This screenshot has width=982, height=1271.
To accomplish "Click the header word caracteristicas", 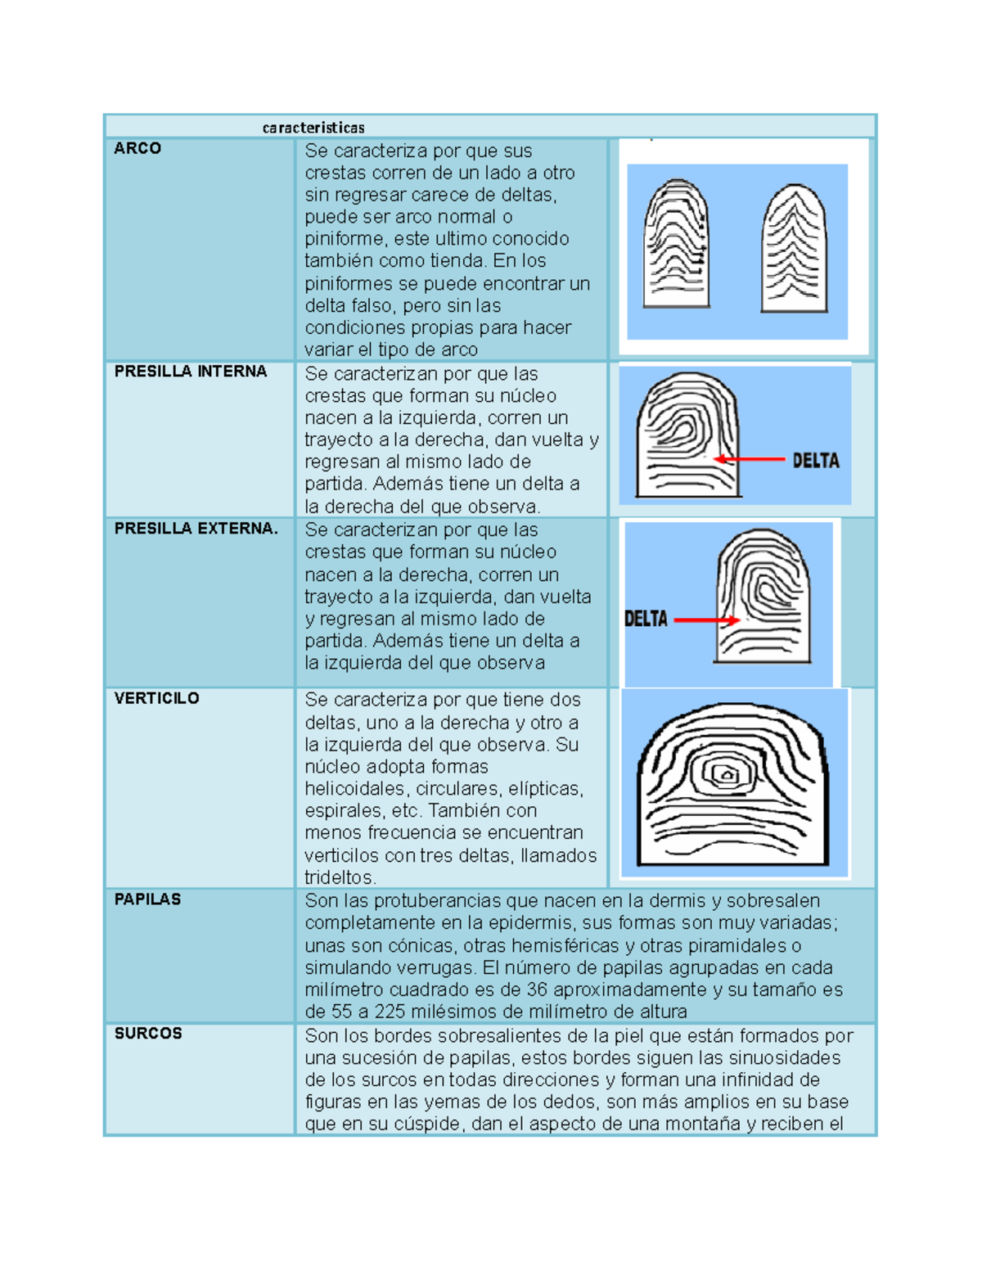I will tap(313, 128).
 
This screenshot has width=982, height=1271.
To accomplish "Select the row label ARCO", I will tap(137, 148).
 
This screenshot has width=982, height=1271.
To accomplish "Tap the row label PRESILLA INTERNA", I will tap(191, 371).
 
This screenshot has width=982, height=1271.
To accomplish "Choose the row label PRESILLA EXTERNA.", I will tap(196, 529).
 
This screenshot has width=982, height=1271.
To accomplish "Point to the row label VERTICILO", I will tap(156, 698).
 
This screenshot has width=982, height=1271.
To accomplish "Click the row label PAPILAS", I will tap(147, 899).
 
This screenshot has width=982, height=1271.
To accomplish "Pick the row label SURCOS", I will tap(148, 1033).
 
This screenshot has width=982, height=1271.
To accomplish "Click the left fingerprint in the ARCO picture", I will tap(676, 244).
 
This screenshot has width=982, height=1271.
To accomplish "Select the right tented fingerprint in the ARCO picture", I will tap(794, 249).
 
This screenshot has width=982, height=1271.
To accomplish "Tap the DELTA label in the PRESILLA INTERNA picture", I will tap(815, 461).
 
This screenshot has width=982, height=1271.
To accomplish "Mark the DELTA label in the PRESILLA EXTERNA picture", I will tap(646, 619).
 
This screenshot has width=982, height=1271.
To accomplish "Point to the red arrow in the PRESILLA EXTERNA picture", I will tap(706, 620).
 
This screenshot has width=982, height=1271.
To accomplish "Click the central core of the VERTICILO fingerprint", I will tap(725, 773).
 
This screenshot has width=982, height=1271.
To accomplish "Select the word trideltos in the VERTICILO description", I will tap(339, 877).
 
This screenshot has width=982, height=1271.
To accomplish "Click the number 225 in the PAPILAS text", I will tap(390, 1012).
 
